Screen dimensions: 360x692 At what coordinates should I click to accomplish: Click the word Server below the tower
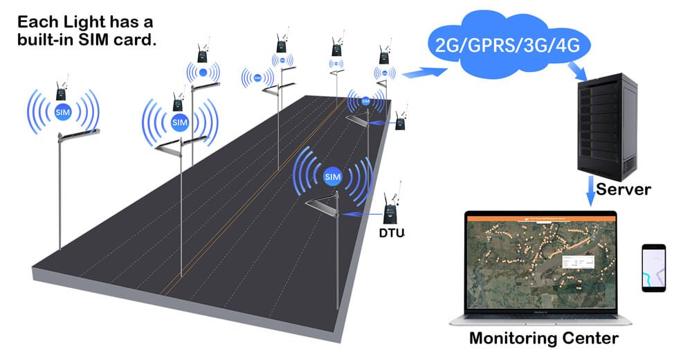coord(623,188)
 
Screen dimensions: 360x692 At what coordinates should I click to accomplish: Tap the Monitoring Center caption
coord(543,339)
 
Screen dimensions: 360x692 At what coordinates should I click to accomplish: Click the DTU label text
coord(392,233)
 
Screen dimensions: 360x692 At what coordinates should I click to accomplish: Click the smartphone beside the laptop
coord(653,267)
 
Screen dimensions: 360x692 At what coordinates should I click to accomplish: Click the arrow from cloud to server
coord(576,69)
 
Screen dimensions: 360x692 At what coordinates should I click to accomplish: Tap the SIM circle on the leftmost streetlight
coord(63,111)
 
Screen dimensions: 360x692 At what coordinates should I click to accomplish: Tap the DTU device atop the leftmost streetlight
coord(62,91)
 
